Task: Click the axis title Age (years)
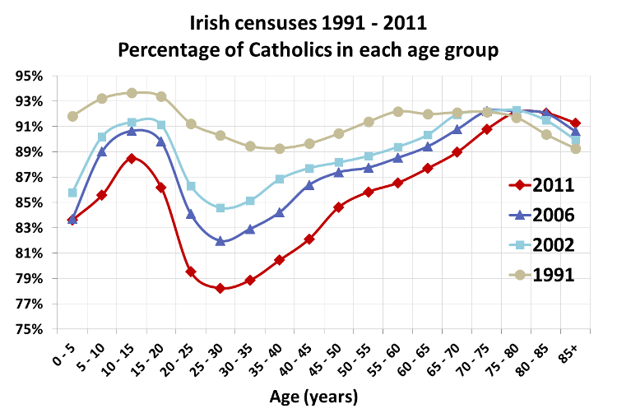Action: (314, 397)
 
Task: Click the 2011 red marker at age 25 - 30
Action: (220, 288)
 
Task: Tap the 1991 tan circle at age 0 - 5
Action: (72, 116)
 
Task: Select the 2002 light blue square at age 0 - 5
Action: (72, 193)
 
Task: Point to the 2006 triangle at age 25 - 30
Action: (220, 241)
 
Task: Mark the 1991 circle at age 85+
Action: (576, 149)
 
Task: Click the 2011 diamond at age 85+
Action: (576, 123)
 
